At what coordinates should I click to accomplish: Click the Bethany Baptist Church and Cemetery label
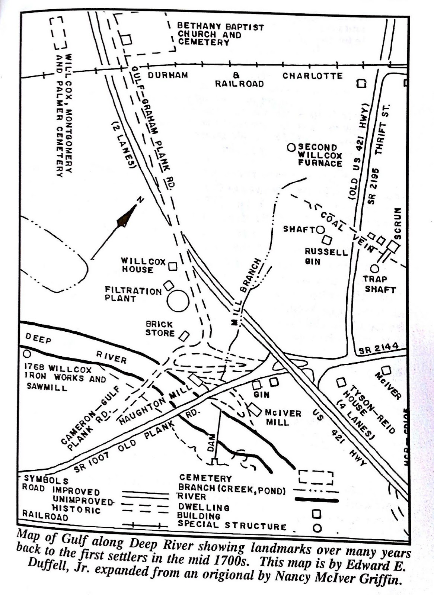pyautogui.click(x=220, y=35)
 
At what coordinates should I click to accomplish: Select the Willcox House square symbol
pyautogui.click(x=173, y=266)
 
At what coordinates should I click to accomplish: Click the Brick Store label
pyautogui.click(x=160, y=329)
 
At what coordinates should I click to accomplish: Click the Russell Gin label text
pyautogui.click(x=326, y=257)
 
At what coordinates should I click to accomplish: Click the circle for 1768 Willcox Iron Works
pyautogui.click(x=26, y=354)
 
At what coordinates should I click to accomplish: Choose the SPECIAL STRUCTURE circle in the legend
pyautogui.click(x=317, y=527)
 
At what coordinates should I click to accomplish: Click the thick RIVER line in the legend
pyautogui.click(x=317, y=500)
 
